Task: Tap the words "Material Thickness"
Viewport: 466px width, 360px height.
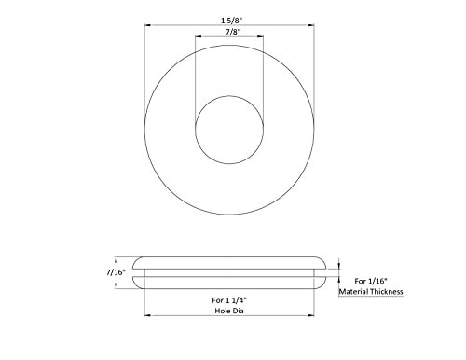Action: coord(373,292)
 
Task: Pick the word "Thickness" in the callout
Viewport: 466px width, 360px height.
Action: coord(388,292)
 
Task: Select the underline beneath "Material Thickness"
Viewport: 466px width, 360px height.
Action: coord(373,298)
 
